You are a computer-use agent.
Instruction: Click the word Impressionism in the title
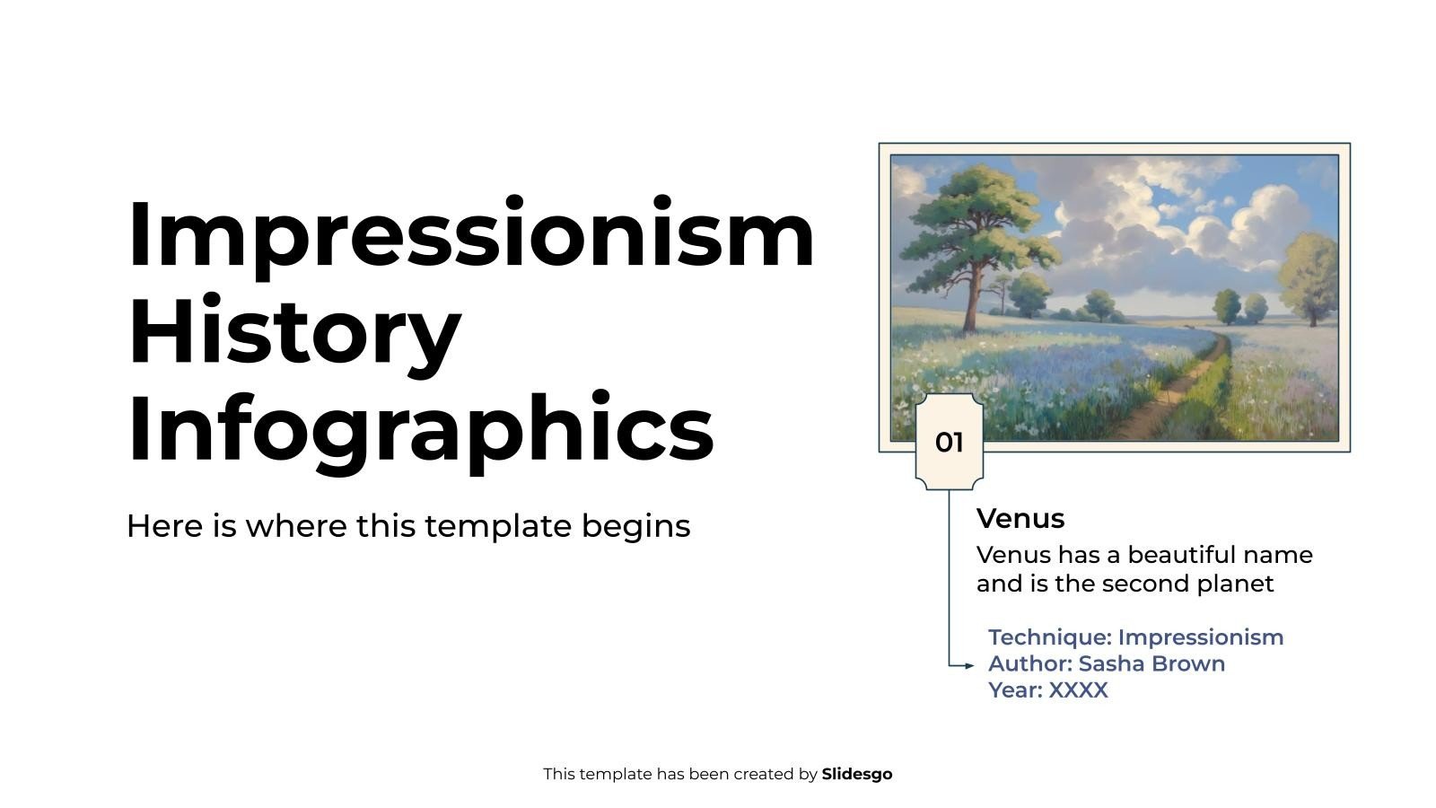pos(471,235)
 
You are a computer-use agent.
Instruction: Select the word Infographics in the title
pos(420,429)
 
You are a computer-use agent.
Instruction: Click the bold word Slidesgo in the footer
pos(856,774)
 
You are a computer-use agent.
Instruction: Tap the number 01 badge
pos(949,443)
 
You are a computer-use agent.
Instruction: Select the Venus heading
pos(1020,519)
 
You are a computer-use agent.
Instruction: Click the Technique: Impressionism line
pos(1135,637)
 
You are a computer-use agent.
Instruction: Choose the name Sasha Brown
pos(1151,663)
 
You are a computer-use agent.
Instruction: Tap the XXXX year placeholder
pos(1078,690)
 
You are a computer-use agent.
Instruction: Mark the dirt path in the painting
pos(1167,395)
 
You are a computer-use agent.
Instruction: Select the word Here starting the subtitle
pos(165,526)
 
